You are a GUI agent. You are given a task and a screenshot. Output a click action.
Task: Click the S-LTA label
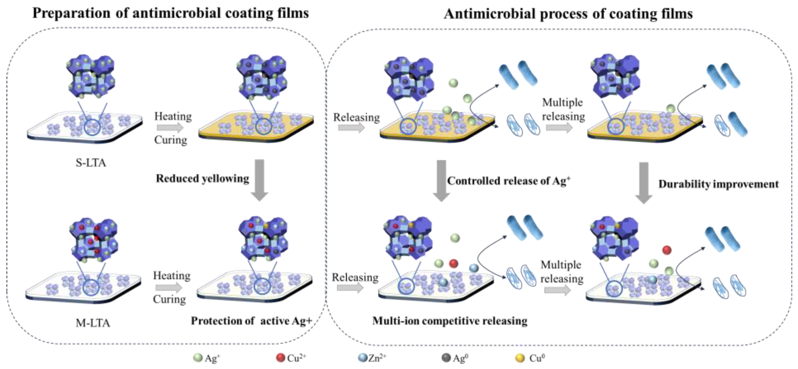91,163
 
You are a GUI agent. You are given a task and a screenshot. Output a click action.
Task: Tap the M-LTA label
93,323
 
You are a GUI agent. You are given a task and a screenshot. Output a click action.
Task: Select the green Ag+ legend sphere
198,358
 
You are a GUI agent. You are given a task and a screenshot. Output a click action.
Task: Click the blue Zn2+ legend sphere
363,358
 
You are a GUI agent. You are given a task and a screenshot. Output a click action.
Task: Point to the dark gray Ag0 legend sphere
446,358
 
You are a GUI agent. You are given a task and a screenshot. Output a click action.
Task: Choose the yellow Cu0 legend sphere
520,358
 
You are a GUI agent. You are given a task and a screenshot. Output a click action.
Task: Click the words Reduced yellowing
202,179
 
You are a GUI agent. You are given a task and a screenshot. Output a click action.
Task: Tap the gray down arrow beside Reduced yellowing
259,180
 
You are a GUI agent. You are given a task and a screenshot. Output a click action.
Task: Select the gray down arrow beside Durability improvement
644,183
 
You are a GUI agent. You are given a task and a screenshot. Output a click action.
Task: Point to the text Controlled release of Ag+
508,181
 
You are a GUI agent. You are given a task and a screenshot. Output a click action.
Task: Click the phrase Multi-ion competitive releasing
450,321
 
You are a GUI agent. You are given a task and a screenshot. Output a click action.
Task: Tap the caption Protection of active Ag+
251,321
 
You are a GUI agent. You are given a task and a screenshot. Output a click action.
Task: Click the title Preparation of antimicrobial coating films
171,13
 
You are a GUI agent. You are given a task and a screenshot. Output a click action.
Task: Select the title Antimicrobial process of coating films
568,14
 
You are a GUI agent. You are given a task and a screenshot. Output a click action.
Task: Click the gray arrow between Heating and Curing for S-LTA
170,128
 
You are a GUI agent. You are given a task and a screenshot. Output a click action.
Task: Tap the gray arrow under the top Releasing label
351,128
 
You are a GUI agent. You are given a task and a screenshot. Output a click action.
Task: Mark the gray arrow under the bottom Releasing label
350,288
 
